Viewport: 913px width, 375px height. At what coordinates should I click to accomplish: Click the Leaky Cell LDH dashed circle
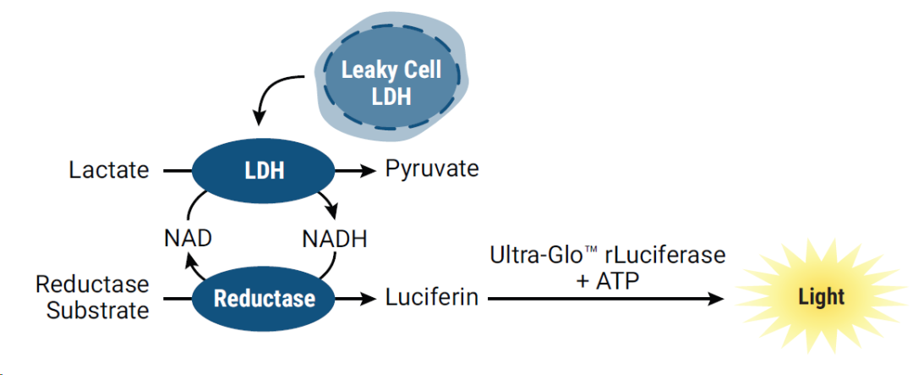tap(391, 83)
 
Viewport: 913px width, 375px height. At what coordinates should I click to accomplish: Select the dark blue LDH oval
tap(264, 170)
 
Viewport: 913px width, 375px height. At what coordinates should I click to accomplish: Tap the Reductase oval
tap(264, 298)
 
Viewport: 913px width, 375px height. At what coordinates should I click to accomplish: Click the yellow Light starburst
tap(821, 296)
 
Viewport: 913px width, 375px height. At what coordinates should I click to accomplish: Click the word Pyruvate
tap(432, 168)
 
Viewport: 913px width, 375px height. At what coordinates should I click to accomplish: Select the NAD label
tap(188, 239)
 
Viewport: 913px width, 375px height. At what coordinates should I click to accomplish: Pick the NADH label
tap(335, 239)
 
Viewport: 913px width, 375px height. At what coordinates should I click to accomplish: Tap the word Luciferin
tap(432, 298)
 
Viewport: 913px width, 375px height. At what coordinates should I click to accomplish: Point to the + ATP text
tap(608, 278)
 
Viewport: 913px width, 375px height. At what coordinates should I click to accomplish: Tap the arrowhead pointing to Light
tap(715, 298)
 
